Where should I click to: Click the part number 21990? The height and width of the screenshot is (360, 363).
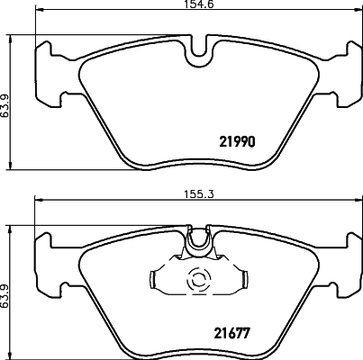237,141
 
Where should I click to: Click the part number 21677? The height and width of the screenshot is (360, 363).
231,333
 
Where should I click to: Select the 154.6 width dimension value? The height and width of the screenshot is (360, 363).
198,4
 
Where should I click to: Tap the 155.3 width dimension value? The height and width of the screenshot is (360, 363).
198,194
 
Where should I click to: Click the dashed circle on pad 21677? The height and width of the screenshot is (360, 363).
198,280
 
